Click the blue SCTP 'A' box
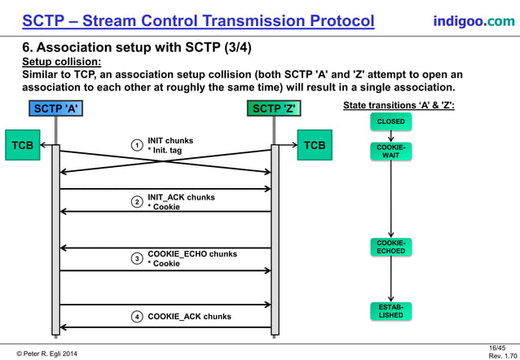point(55,108)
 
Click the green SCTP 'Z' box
point(275,108)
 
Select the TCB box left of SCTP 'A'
point(21,146)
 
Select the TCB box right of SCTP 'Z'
point(314,146)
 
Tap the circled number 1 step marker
point(138,146)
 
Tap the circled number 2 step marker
point(138,202)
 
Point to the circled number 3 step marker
point(138,259)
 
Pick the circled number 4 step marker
point(138,316)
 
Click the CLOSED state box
point(390,122)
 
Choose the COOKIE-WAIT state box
point(390,151)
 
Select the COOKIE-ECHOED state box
point(390,247)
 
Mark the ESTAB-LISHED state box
point(390,310)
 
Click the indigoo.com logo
point(474,20)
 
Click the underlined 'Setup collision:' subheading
point(61,62)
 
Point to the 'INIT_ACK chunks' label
point(181,197)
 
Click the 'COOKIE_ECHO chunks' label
point(192,254)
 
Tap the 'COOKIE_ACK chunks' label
point(189,316)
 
